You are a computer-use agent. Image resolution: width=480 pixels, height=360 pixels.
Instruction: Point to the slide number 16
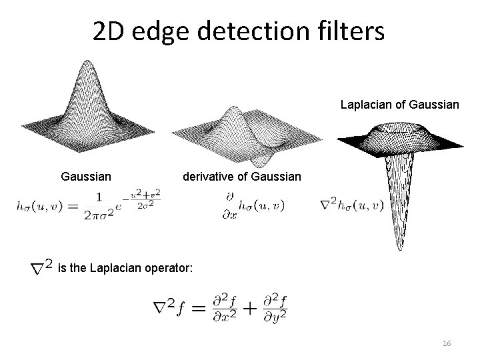click(x=447, y=343)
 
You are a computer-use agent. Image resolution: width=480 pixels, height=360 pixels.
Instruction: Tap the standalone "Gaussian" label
click(x=85, y=177)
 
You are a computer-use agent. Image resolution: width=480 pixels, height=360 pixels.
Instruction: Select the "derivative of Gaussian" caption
click(x=242, y=177)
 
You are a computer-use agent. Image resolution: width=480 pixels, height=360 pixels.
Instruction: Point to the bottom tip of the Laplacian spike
click(x=400, y=248)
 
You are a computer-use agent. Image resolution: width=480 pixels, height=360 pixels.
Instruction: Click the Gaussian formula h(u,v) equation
click(x=89, y=205)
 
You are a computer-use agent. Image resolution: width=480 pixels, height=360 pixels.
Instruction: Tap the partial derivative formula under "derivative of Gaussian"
click(x=253, y=205)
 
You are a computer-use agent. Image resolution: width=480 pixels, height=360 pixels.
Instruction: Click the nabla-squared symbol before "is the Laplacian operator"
click(x=42, y=268)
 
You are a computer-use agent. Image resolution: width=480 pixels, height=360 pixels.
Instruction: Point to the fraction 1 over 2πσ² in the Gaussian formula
click(x=98, y=206)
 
